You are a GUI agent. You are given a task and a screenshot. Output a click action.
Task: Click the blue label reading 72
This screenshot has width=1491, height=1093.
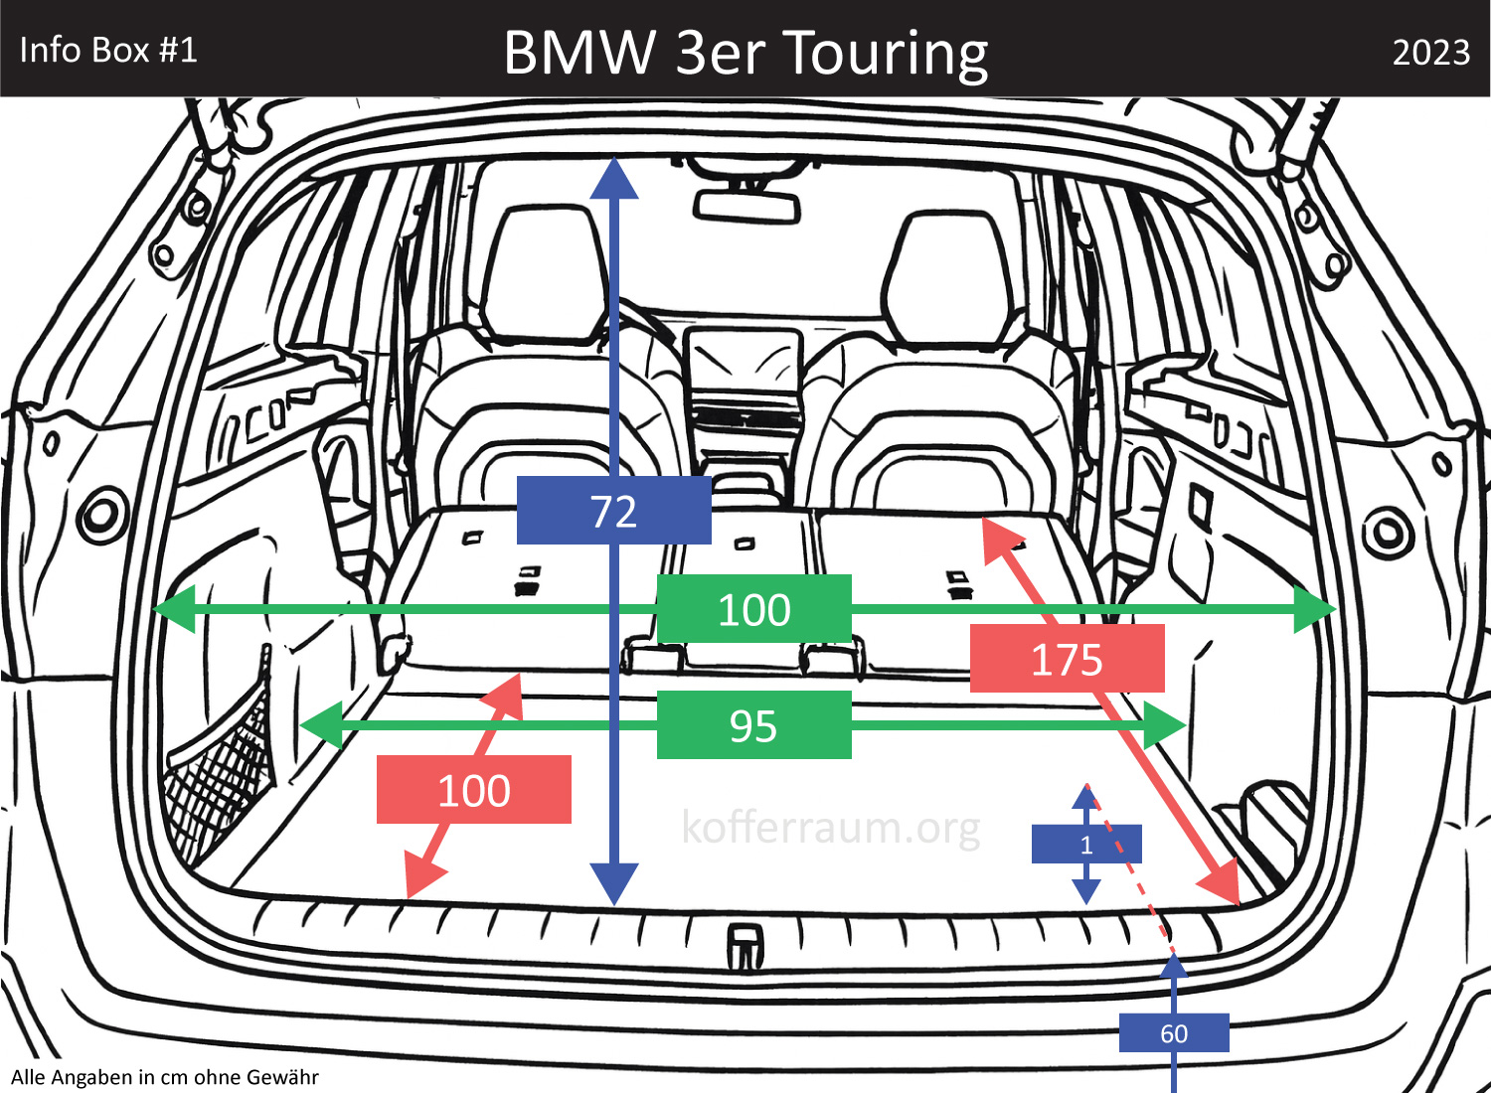click(613, 511)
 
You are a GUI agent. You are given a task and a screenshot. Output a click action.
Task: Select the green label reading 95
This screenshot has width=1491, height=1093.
click(753, 725)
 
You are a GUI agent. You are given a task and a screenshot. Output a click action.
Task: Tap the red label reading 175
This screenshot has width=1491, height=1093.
click(1067, 659)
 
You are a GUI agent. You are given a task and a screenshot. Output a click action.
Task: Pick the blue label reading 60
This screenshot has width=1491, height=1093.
click(1174, 1033)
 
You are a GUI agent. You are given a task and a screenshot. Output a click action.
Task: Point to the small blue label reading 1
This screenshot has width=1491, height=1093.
click(1086, 845)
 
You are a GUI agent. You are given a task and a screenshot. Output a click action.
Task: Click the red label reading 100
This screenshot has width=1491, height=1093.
click(473, 790)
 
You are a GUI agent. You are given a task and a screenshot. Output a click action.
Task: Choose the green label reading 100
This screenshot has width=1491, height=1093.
click(753, 609)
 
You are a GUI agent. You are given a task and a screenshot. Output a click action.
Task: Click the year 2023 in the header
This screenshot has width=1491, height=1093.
click(1430, 52)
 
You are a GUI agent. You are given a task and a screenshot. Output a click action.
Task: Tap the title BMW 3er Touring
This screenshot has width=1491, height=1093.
click(745, 52)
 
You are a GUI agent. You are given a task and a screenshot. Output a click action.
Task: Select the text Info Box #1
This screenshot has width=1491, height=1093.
click(108, 50)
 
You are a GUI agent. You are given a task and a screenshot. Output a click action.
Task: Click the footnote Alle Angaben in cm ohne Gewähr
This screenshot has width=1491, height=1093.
click(165, 1077)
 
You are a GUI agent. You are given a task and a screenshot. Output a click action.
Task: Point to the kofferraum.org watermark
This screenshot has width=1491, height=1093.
click(831, 827)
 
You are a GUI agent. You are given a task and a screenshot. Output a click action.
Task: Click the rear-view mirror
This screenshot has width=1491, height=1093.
click(747, 206)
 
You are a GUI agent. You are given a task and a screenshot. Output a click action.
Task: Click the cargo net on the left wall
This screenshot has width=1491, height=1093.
click(224, 760)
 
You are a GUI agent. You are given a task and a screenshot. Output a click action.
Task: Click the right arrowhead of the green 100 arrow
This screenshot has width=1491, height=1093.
click(1315, 609)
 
